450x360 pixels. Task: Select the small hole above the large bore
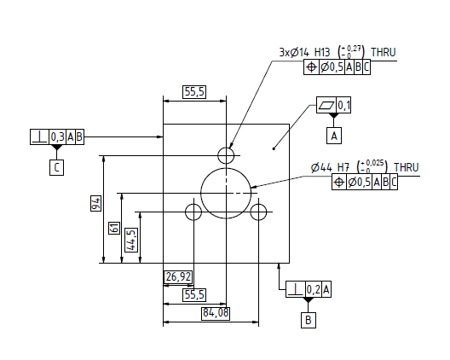tap(227, 155)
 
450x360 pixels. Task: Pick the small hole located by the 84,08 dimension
tap(259, 211)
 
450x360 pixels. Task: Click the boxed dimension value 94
tap(97, 202)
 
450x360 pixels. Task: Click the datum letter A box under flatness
tap(334, 134)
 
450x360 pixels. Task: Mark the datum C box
tap(55, 166)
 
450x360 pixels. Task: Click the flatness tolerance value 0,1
tap(344, 106)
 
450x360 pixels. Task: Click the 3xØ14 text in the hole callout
tap(297, 52)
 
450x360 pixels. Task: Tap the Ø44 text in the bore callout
tap(321, 167)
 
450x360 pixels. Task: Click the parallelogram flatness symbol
tap(326, 106)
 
